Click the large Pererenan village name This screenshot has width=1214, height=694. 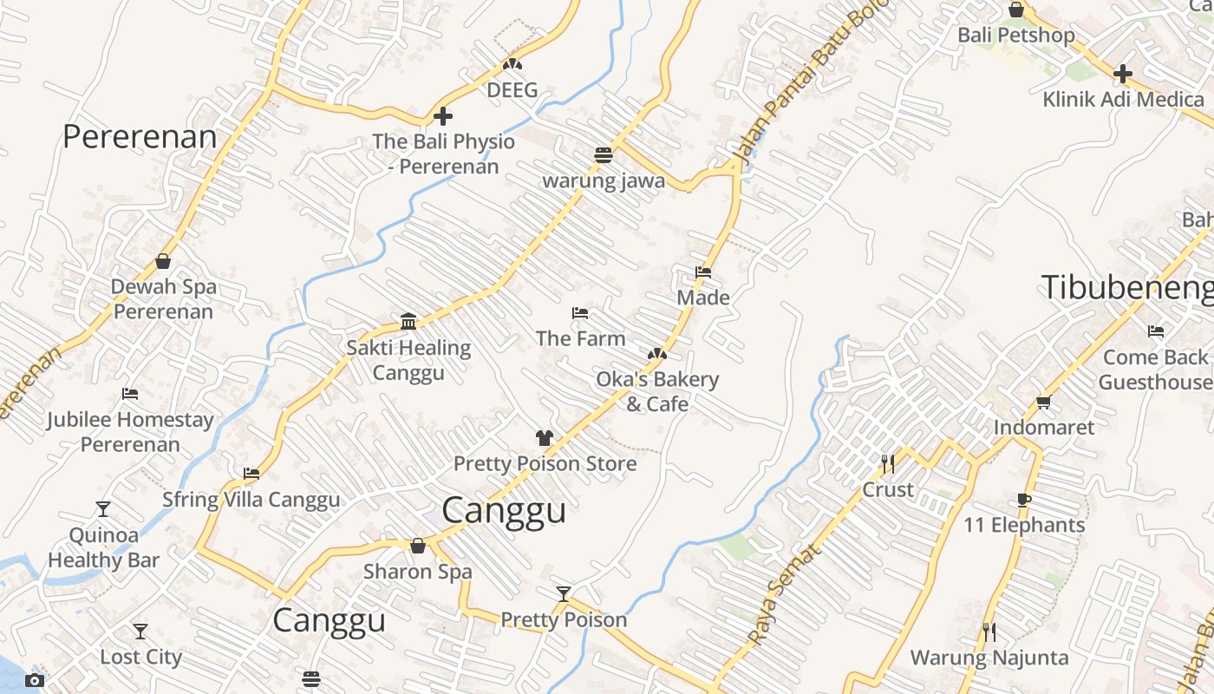point(140,137)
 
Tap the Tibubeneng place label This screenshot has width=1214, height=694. point(1126,287)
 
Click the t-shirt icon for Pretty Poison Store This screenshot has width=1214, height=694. point(544,438)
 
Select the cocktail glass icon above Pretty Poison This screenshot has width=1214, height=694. point(564,594)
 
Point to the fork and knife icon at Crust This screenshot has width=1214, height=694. point(887,464)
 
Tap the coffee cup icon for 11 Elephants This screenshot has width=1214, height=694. point(1024,500)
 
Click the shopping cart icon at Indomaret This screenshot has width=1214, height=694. point(1043,402)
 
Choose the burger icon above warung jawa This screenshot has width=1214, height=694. point(604,155)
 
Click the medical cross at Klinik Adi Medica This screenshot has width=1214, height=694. point(1123,74)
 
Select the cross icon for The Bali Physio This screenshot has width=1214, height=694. point(443,116)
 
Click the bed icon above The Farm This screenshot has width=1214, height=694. point(580,313)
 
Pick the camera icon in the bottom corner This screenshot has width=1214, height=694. point(35,680)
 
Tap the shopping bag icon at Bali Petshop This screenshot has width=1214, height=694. point(1016,10)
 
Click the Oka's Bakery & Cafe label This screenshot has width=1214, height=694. point(657,391)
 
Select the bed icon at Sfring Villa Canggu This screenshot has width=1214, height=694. point(251,474)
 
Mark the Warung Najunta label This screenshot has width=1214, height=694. point(989,658)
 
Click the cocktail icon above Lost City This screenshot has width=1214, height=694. point(140,632)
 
